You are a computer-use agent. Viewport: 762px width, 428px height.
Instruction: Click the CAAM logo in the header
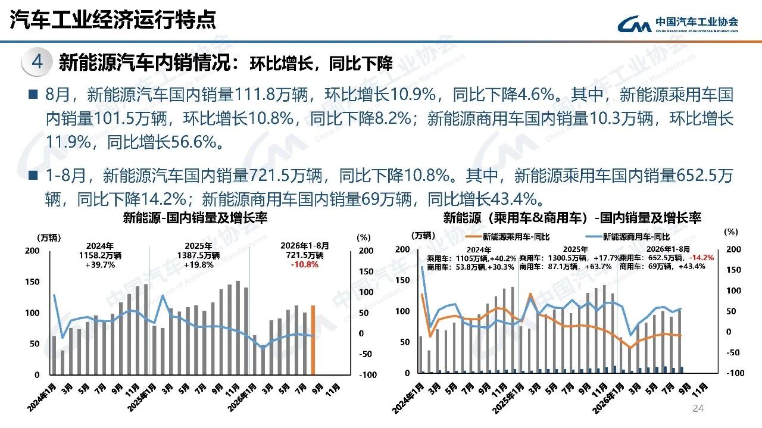[677, 24]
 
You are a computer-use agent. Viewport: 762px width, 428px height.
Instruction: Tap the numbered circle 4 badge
[37, 62]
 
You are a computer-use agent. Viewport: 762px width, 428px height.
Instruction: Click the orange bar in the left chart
[313, 340]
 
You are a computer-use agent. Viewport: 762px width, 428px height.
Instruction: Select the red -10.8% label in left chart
[304, 265]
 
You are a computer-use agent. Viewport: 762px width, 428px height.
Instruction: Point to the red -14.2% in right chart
[701, 258]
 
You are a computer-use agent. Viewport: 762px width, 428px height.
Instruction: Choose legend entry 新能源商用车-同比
[627, 236]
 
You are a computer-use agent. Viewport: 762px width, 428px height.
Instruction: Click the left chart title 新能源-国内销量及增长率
[195, 218]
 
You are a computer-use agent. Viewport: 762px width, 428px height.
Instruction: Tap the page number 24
[698, 408]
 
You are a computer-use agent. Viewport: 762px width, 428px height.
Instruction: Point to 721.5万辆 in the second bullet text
[285, 176]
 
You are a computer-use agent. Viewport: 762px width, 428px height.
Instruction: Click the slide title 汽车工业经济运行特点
[113, 20]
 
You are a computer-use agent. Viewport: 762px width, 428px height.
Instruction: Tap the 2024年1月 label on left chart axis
[42, 398]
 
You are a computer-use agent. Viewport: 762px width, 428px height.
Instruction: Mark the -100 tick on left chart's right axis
[368, 374]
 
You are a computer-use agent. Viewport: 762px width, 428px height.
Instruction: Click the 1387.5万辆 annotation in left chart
[198, 255]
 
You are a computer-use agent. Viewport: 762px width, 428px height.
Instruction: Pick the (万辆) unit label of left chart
[49, 238]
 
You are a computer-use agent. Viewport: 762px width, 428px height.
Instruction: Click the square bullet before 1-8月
[33, 175]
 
